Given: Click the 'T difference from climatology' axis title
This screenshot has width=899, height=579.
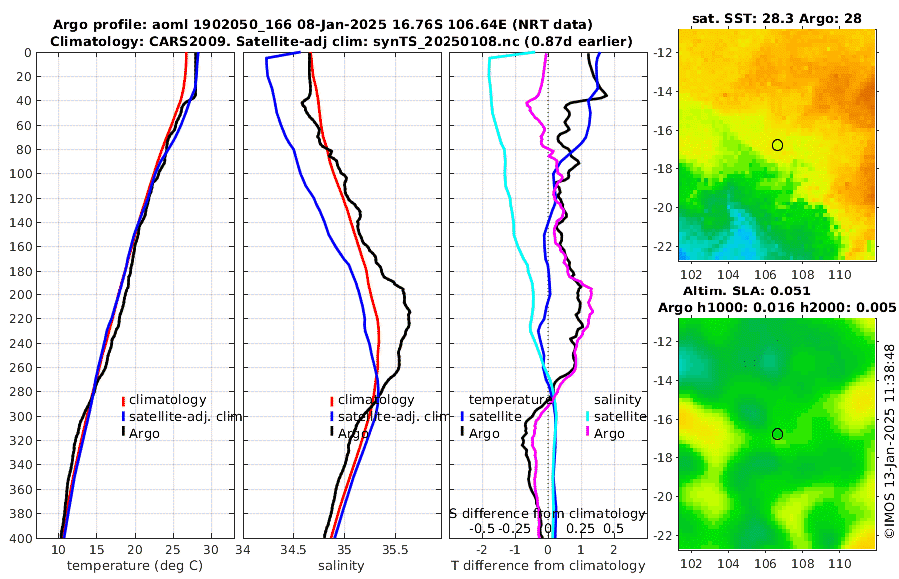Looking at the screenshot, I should coord(548,566).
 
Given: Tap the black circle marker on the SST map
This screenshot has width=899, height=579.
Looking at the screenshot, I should coord(777,145).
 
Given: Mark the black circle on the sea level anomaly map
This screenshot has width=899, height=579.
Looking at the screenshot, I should coord(777,434).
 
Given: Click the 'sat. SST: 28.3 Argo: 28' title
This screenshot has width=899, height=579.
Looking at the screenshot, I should coord(777,18).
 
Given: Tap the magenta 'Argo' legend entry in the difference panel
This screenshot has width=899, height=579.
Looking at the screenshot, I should coord(609,433).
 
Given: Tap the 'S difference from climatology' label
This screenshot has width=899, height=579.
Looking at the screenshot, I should coord(548,512).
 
